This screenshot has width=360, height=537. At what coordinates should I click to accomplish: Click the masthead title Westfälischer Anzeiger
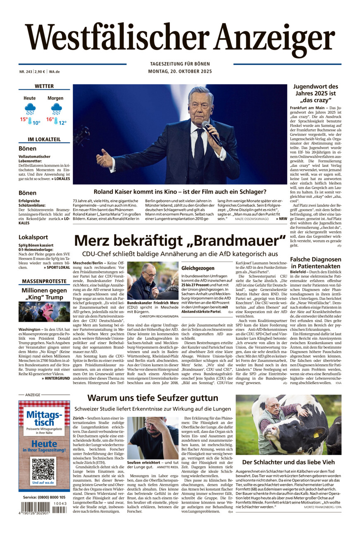coord(180,38)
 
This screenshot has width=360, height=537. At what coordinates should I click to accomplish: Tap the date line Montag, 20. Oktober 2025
coord(180,71)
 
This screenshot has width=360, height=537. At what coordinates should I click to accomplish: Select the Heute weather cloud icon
coord(30,109)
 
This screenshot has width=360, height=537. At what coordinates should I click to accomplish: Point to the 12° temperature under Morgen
coord(62,123)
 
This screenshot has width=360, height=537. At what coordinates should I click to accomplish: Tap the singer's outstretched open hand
coord(104,158)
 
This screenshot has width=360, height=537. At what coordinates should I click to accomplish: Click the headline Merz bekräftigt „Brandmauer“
coord(180,240)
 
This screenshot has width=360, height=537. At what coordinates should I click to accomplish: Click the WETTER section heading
coord(44,86)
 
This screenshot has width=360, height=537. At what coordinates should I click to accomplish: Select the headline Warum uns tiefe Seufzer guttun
coord(153,398)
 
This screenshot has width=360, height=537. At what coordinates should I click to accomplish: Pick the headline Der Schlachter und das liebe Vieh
coord(288,462)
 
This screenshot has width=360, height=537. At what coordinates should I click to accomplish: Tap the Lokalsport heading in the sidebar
coord(33,237)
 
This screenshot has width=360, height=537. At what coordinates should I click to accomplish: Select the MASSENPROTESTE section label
coord(44,281)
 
